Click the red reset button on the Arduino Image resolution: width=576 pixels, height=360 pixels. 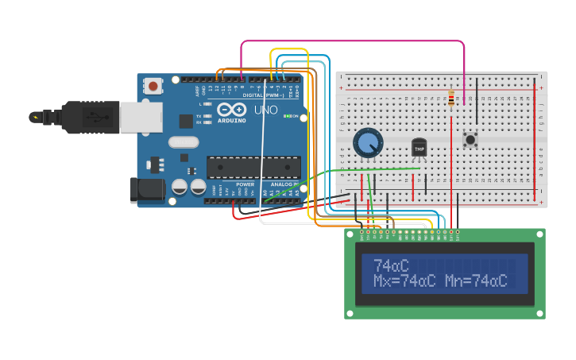pyautogui.click(x=153, y=83)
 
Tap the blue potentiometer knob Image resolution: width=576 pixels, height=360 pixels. pyautogui.click(x=368, y=143)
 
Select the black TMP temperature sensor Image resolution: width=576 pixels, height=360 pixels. pyautogui.click(x=419, y=148)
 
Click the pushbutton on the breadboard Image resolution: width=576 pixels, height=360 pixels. pyautogui.click(x=470, y=140)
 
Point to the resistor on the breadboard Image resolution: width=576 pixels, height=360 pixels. pyautogui.click(x=451, y=99)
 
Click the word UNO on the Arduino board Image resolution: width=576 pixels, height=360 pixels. pyautogui.click(x=266, y=110)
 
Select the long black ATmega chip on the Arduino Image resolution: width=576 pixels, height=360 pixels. pyautogui.click(x=253, y=167)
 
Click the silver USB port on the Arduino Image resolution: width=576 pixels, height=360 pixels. pyautogui.click(x=141, y=118)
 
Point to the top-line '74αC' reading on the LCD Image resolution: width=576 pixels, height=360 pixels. pyautogui.click(x=391, y=265)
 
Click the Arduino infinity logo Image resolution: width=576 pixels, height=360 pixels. pyautogui.click(x=231, y=110)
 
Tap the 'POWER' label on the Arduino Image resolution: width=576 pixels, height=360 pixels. pyautogui.click(x=245, y=184)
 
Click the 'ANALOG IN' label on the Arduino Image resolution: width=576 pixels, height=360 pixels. pyautogui.click(x=284, y=184)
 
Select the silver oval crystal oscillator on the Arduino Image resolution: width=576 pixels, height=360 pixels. pyautogui.click(x=184, y=142)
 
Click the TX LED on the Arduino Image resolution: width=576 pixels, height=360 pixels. pyautogui.click(x=207, y=116)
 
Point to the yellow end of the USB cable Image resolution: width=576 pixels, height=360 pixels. pyautogui.click(x=34, y=117)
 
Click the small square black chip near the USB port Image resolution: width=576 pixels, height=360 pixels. pyautogui.click(x=186, y=121)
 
